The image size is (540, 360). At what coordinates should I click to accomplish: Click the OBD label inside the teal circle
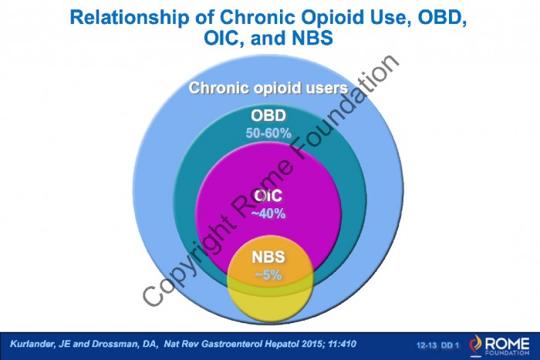click(x=268, y=116)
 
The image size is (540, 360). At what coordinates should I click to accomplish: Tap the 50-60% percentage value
click(x=268, y=133)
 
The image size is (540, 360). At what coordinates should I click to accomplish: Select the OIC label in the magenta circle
click(x=268, y=196)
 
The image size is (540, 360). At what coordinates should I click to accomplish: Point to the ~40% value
click(x=268, y=214)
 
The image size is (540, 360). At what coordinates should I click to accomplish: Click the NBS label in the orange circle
click(x=268, y=257)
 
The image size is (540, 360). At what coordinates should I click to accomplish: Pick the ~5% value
click(x=268, y=275)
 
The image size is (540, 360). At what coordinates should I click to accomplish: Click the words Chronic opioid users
click(x=268, y=88)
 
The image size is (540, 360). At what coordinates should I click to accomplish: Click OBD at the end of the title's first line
click(x=443, y=18)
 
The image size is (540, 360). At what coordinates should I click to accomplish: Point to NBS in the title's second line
click(x=312, y=38)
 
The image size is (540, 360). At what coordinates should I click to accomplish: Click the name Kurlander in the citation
click(x=31, y=344)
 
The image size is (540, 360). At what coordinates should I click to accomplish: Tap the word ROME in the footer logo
click(x=507, y=343)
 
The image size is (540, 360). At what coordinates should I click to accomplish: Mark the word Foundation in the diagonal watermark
click(x=345, y=109)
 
